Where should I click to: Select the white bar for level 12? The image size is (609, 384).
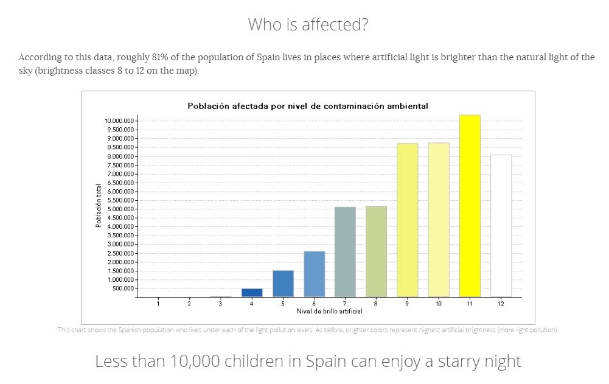coord(501,226)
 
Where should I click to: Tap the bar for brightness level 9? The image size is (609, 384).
coord(407,220)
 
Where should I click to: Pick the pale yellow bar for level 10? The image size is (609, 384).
coord(438,220)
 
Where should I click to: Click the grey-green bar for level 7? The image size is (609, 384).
coord(345,252)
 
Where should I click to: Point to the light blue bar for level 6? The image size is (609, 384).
coord(314,274)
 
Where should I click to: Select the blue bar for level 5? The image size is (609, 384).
coord(283,284)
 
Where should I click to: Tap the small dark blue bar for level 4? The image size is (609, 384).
coord(252,293)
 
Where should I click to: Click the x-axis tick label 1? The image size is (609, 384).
coord(158,303)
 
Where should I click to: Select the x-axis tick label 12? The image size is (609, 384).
coord(501,303)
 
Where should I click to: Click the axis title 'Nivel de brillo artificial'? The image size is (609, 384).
coord(329,312)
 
